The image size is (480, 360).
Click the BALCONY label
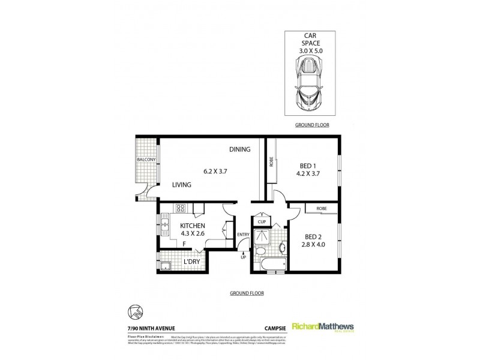146,160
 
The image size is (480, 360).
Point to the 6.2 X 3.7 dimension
216,171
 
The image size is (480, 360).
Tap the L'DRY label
191,262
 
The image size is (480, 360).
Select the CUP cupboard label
262,221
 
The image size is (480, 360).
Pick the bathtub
268,263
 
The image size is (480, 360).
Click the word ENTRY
243,234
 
